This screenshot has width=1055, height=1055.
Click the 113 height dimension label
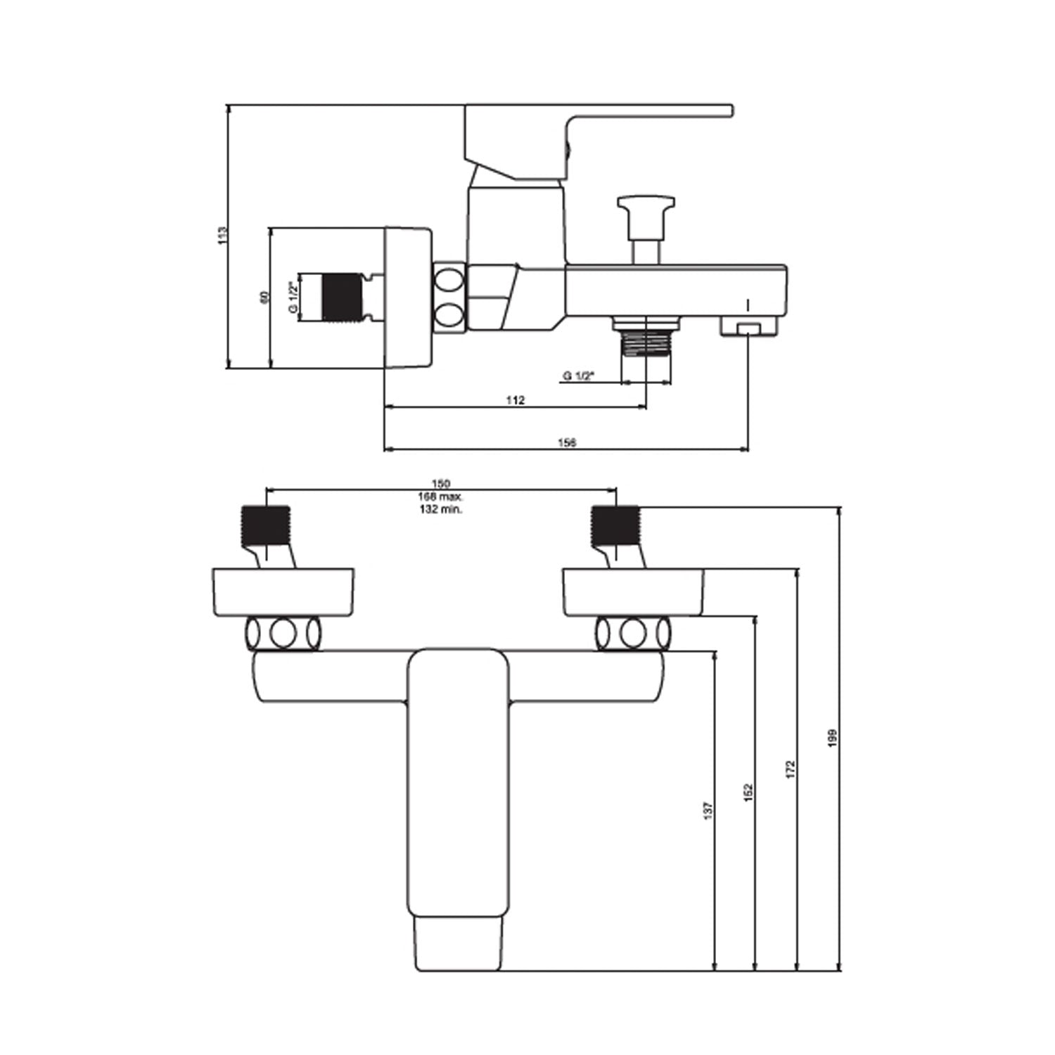222,235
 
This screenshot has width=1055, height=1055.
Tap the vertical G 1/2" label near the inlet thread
293,298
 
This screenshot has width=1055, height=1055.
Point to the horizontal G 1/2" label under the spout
578,376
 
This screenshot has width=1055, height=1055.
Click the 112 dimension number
515,400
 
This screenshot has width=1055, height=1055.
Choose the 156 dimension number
567,442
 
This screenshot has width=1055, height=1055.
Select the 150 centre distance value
440,483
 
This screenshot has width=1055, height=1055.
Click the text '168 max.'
440,497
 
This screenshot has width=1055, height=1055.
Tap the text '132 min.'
440,509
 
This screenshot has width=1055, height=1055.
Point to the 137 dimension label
708,810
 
